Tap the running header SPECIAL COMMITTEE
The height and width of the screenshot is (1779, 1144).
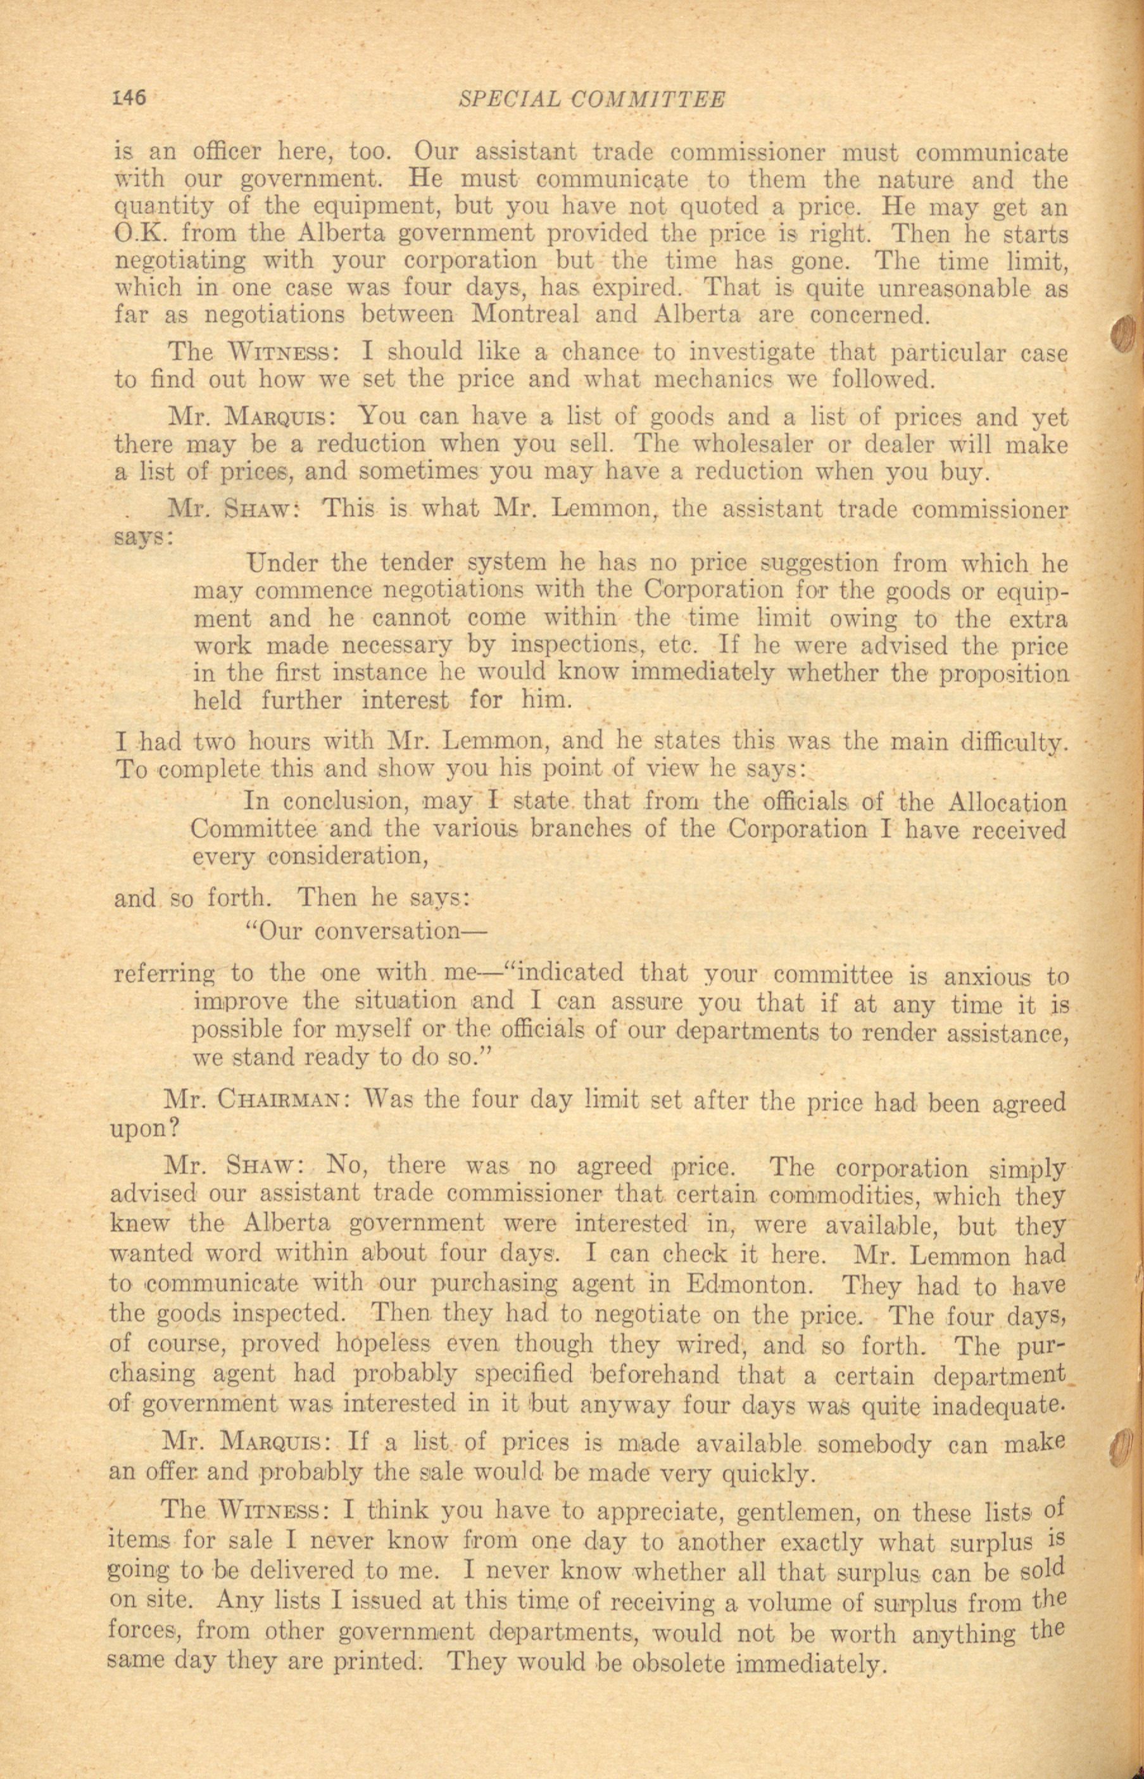591,99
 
